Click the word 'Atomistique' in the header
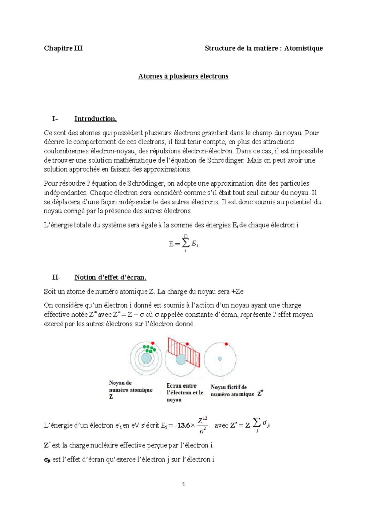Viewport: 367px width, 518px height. tap(303, 48)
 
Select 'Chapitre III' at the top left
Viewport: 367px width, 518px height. tap(63, 48)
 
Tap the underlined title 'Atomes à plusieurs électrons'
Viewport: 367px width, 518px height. tap(183, 76)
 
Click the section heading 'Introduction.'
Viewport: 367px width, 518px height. tap(95, 119)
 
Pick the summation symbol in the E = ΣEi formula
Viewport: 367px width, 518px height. tap(185, 243)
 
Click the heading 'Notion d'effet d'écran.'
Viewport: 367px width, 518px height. tap(110, 277)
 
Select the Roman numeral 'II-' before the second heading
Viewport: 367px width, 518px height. tap(56, 277)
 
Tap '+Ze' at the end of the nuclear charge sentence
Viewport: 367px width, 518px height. tap(237, 292)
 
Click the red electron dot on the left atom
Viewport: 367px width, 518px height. tap(153, 343)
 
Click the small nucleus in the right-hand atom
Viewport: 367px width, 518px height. tap(220, 359)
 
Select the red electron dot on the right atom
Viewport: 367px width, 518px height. tap(226, 344)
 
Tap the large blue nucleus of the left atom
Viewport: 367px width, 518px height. tap(146, 359)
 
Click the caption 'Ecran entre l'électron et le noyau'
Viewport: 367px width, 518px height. tap(184, 393)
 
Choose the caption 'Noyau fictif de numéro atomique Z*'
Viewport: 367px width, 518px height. tap(236, 391)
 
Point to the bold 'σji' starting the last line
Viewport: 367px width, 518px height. tap(47, 460)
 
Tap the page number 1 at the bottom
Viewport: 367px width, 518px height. tap(183, 484)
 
